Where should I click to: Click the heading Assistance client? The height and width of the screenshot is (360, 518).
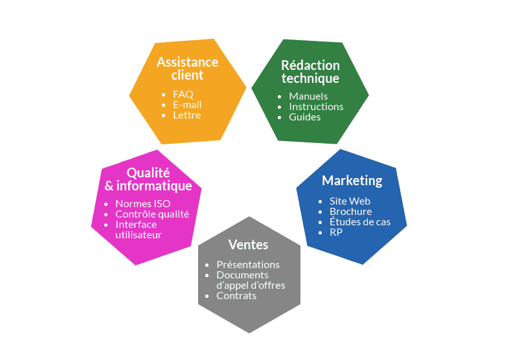click(x=187, y=69)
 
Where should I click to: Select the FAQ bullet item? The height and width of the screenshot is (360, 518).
click(x=183, y=94)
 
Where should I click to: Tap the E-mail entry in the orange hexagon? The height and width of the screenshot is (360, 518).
click(x=187, y=104)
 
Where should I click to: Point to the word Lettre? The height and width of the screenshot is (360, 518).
click(x=186, y=115)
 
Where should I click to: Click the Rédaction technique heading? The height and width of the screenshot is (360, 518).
click(x=310, y=72)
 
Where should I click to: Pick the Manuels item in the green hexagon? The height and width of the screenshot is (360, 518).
click(x=308, y=96)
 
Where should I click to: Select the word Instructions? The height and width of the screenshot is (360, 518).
click(x=316, y=106)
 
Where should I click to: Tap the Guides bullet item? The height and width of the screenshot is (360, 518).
click(x=304, y=117)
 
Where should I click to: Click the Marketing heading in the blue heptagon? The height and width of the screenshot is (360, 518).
click(x=352, y=180)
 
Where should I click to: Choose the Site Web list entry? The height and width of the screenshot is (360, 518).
click(x=350, y=201)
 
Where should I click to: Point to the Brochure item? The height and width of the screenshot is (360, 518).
click(x=350, y=211)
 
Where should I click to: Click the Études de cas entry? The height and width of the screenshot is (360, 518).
click(x=360, y=221)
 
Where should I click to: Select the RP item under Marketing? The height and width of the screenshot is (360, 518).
click(x=336, y=232)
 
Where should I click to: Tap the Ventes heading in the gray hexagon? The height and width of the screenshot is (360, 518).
click(x=248, y=245)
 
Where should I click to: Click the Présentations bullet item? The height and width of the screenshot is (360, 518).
click(x=248, y=264)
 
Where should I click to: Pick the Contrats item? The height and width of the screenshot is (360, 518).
click(x=236, y=296)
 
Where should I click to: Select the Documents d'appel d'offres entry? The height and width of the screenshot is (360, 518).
click(x=251, y=280)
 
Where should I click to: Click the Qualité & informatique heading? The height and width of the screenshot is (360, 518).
click(x=148, y=179)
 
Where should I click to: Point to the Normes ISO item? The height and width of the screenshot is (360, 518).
click(x=143, y=203)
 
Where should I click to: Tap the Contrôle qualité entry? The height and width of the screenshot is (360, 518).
click(x=152, y=214)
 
